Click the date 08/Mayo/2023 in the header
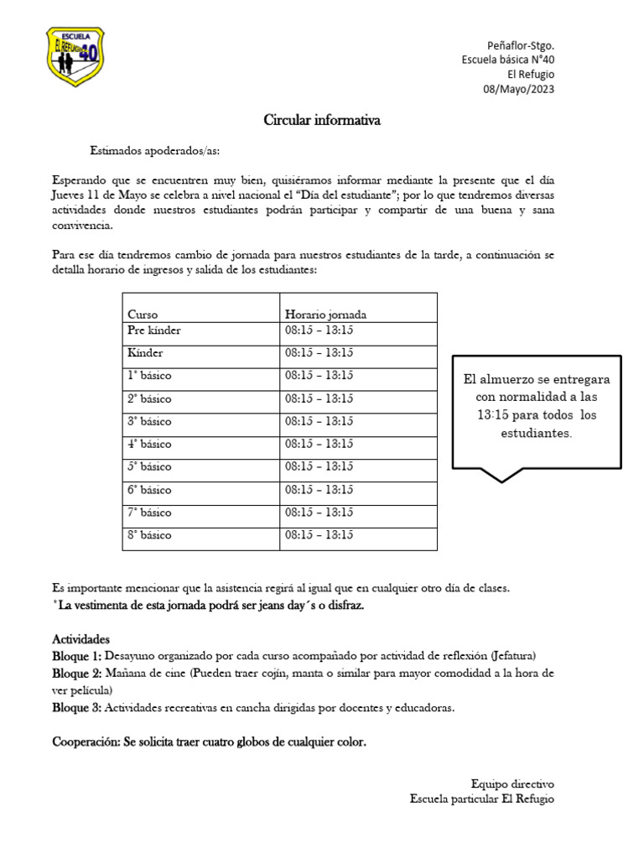pyautogui.click(x=518, y=89)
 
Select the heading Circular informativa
pyautogui.click(x=322, y=121)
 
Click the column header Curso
pyautogui.click(x=143, y=315)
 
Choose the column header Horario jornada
pyautogui.click(x=325, y=315)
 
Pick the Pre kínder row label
pyautogui.click(x=153, y=331)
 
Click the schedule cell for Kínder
pyautogui.click(x=319, y=353)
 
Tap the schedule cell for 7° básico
pyautogui.click(x=319, y=512)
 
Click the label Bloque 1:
pyautogui.click(x=77, y=656)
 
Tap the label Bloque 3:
pyautogui.click(x=77, y=707)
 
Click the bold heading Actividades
pyautogui.click(x=80, y=639)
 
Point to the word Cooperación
pyautogui.click(x=87, y=742)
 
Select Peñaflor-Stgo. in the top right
pyautogui.click(x=520, y=44)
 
